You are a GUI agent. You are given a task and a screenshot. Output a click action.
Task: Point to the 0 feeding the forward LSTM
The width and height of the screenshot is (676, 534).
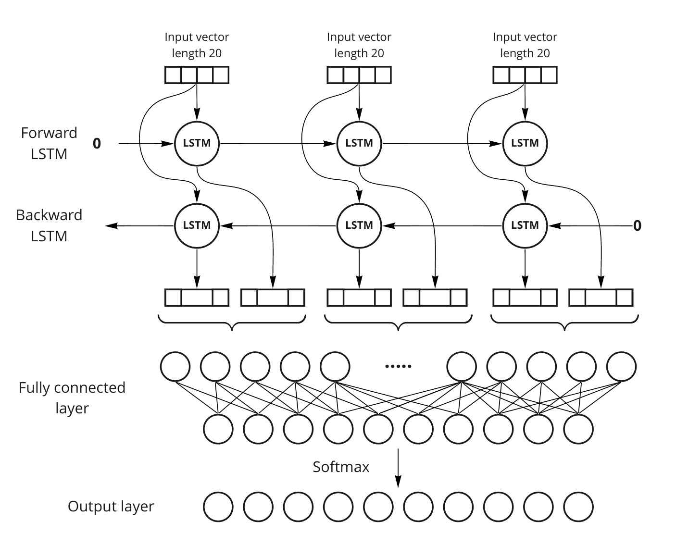click(x=97, y=144)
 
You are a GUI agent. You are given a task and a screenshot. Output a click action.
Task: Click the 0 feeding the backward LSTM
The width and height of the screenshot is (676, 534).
click(x=637, y=226)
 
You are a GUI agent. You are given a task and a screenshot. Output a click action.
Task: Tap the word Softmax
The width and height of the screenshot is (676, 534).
click(x=341, y=467)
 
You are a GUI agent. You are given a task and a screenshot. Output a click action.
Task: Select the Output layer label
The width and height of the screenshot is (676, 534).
click(x=111, y=507)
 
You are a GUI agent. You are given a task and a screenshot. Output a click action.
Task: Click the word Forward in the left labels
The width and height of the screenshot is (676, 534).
click(x=49, y=133)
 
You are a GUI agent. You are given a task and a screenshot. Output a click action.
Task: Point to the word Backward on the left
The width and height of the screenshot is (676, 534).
click(x=49, y=215)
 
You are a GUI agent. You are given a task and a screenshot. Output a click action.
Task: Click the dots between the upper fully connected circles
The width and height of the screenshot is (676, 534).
click(x=398, y=366)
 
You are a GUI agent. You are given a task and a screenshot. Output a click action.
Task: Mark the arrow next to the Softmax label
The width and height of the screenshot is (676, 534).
click(x=398, y=468)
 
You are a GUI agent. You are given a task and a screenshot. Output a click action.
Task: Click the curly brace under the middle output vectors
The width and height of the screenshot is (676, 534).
click(x=398, y=323)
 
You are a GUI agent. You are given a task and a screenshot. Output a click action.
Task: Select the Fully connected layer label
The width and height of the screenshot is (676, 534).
click(x=72, y=398)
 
